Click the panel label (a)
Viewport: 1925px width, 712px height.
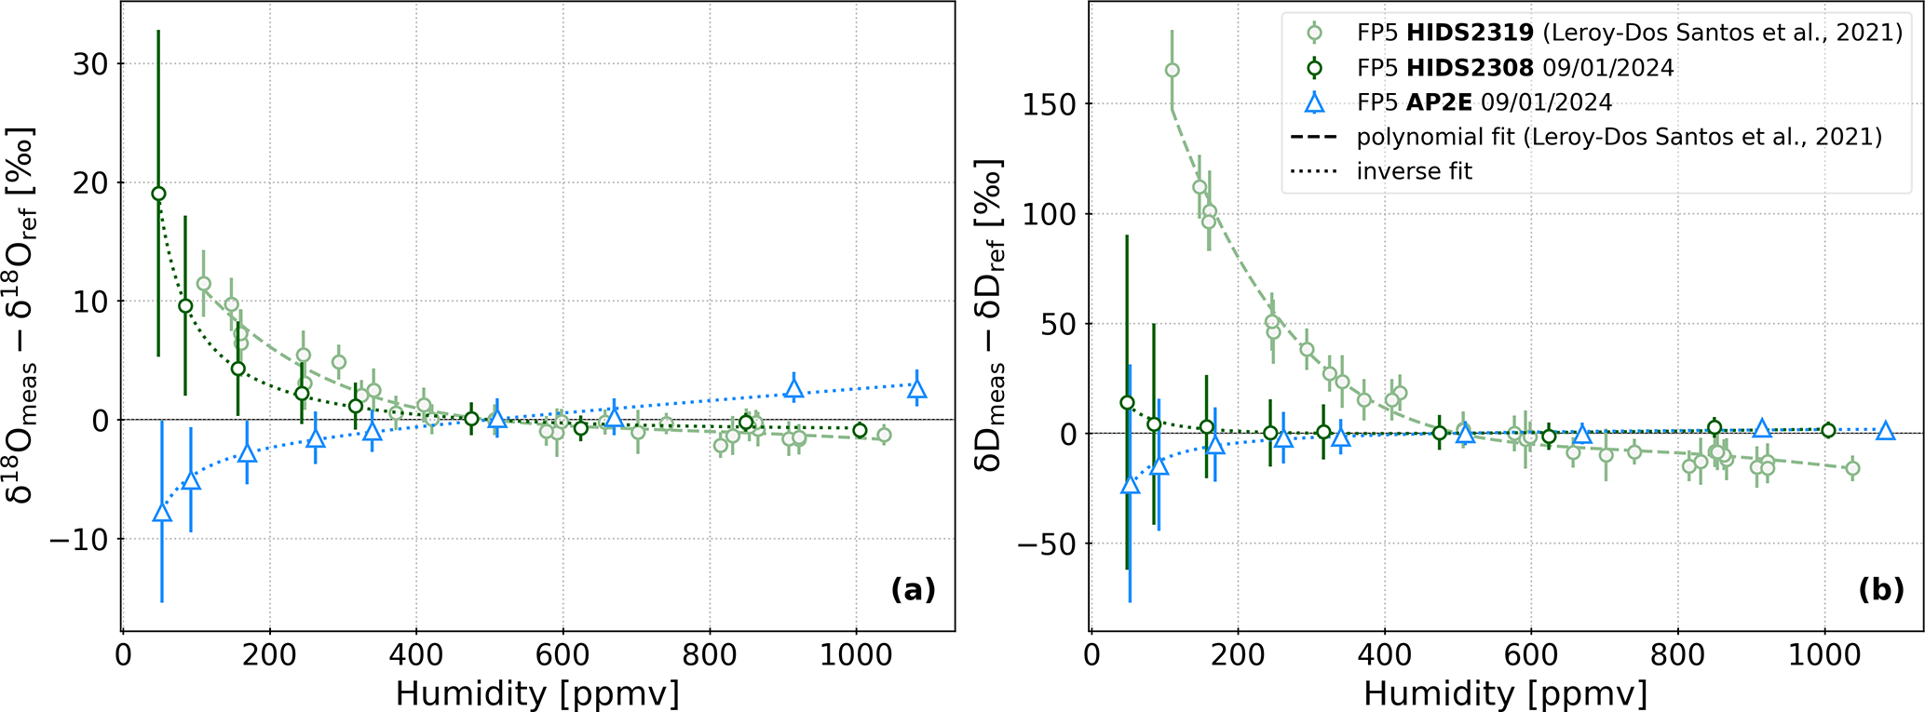913,589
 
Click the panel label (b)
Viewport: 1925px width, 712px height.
1881,589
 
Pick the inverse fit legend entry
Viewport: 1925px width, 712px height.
1415,171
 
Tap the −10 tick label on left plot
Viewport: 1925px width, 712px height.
78,540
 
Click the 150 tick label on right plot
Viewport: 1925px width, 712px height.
1051,104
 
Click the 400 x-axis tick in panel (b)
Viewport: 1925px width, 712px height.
1384,655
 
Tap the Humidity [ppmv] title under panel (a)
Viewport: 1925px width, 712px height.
537,693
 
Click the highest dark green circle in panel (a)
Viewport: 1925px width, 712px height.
158,194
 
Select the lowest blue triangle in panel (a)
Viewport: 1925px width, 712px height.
162,513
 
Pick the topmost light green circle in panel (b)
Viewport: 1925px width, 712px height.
1172,71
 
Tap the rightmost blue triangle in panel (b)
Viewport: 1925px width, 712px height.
1885,431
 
